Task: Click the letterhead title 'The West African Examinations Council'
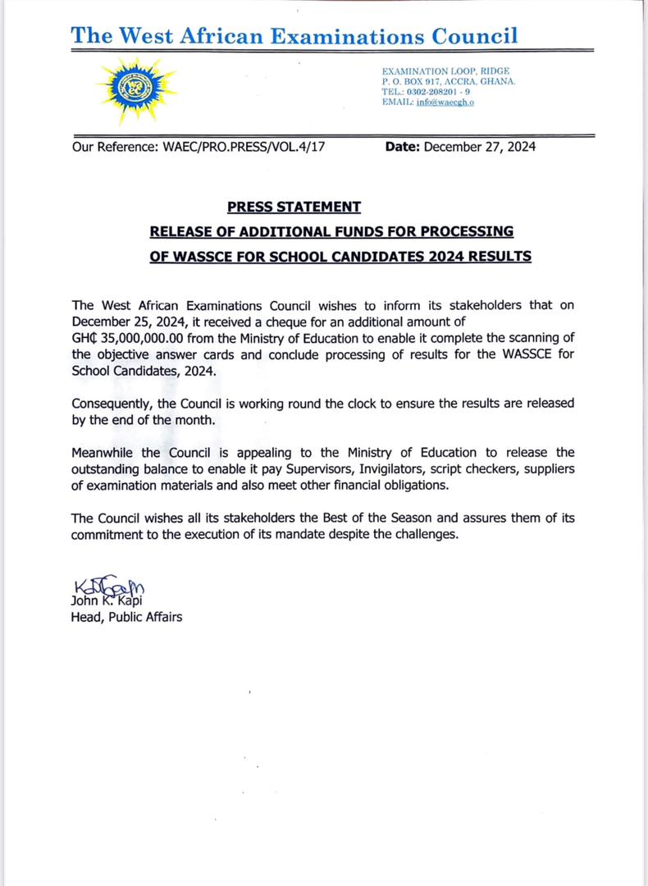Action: (294, 35)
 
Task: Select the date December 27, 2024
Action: (479, 148)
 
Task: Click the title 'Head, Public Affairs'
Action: (127, 616)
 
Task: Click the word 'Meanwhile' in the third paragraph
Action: (102, 453)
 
